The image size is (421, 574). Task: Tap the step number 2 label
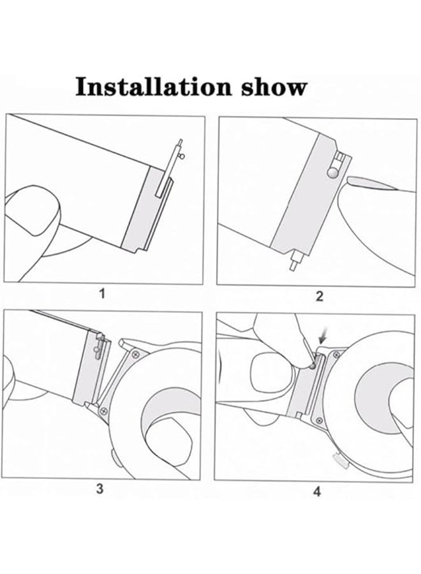point(320,295)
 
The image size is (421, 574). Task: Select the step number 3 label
point(100,489)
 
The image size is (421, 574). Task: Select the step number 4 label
point(317,491)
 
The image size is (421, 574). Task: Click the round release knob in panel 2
point(332,170)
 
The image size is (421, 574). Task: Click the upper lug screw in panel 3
point(135,352)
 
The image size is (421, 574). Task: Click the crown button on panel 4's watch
point(338,457)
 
